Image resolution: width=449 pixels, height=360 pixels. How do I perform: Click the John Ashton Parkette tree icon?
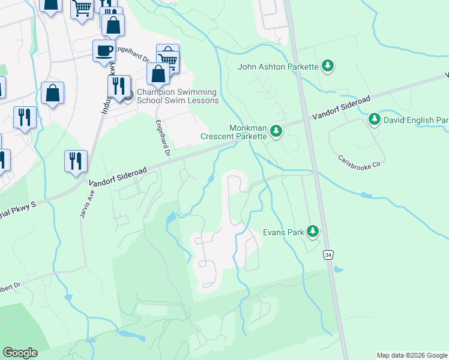[x=327, y=66]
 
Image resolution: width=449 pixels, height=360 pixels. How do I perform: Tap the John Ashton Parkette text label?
[x=277, y=67]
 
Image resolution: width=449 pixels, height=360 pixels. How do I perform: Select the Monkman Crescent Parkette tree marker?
[x=276, y=131]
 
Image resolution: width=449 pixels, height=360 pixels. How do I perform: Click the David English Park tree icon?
[x=374, y=120]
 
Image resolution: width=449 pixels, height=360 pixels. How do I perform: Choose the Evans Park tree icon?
[x=312, y=231]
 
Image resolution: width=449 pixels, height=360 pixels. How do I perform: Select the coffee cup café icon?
[x=104, y=50]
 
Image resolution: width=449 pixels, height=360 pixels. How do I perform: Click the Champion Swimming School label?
[x=178, y=96]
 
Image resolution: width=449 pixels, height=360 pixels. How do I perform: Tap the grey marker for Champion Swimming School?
[x=127, y=95]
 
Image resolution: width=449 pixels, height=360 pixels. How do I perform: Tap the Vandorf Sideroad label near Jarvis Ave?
[x=118, y=176]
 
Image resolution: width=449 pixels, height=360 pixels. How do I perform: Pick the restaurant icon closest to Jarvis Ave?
[x=76, y=161]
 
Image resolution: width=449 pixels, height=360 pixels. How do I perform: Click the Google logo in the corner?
[x=20, y=353]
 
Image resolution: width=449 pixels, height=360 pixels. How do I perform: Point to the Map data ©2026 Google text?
[x=411, y=355]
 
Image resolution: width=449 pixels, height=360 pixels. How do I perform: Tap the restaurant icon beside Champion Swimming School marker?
[x=118, y=86]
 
